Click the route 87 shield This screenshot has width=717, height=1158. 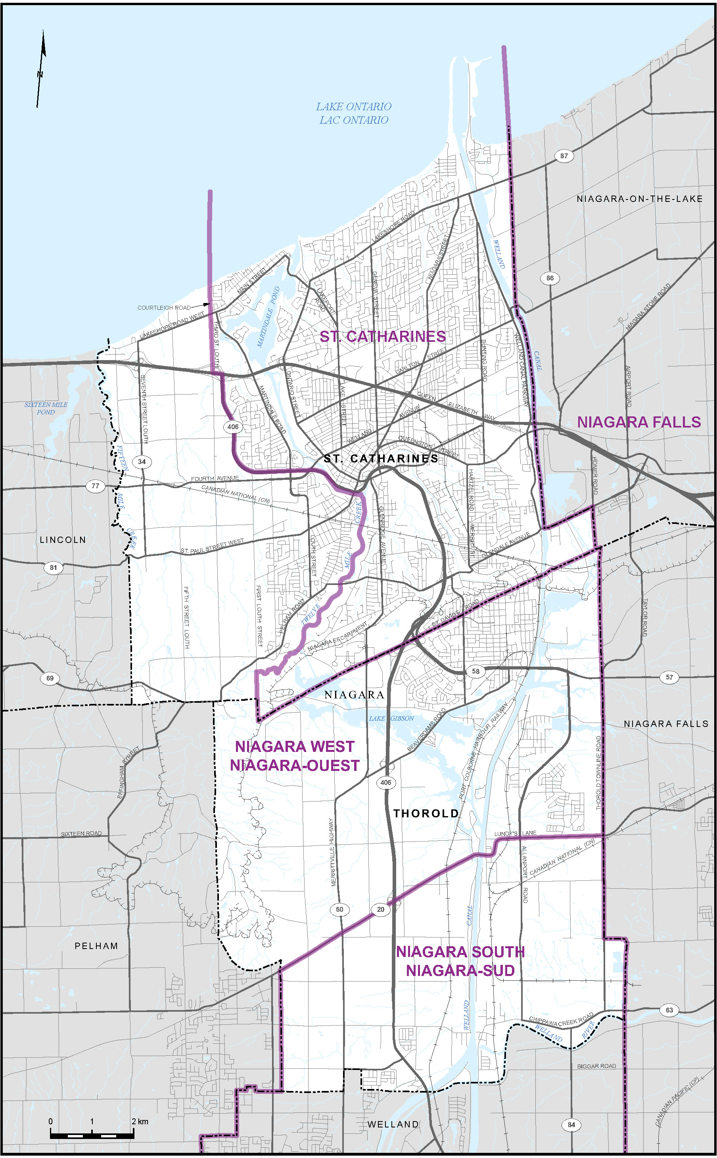pyautogui.click(x=564, y=155)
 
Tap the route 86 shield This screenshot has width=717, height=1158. pyautogui.click(x=550, y=278)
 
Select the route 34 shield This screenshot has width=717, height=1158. pyautogui.click(x=141, y=461)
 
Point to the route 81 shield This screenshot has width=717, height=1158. pyautogui.click(x=53, y=567)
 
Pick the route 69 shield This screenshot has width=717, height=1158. pyautogui.click(x=50, y=678)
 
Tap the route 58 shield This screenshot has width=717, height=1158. pyautogui.click(x=475, y=671)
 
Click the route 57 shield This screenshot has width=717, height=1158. pyautogui.click(x=669, y=677)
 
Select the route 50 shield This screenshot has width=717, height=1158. pyautogui.click(x=339, y=909)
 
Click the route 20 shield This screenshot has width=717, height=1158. pyautogui.click(x=381, y=909)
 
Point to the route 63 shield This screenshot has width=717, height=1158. pyautogui.click(x=669, y=1010)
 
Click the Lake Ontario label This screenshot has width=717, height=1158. pyautogui.click(x=354, y=113)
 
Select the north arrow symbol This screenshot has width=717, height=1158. pyautogui.click(x=41, y=69)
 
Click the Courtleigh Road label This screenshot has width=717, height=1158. pyautogui.click(x=164, y=308)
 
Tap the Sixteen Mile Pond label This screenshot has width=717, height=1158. pyautogui.click(x=46, y=408)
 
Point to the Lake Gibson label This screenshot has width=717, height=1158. pyautogui.click(x=391, y=718)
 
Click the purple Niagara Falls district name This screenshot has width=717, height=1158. pyautogui.click(x=638, y=422)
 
